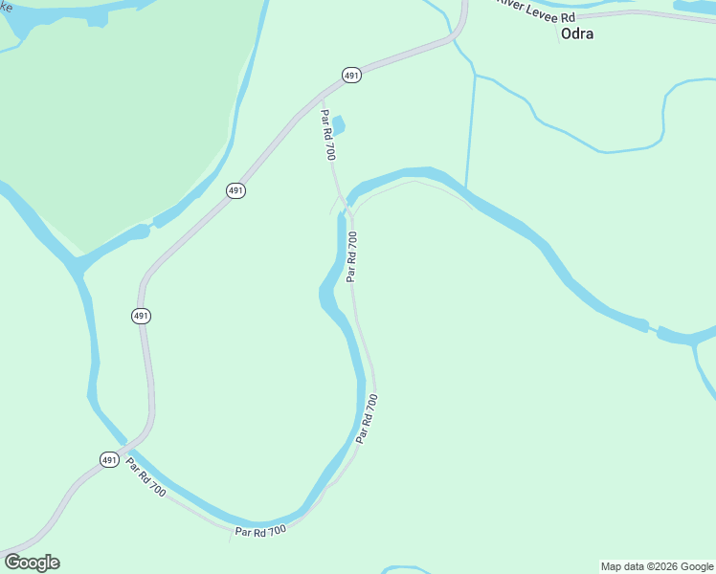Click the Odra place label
[576, 34]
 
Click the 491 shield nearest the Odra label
[351, 75]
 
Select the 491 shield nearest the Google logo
[110, 460]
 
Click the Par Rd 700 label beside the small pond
[327, 135]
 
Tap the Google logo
[32, 563]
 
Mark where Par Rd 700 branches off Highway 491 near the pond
[322, 96]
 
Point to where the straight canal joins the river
[465, 188]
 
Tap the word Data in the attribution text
[635, 567]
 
